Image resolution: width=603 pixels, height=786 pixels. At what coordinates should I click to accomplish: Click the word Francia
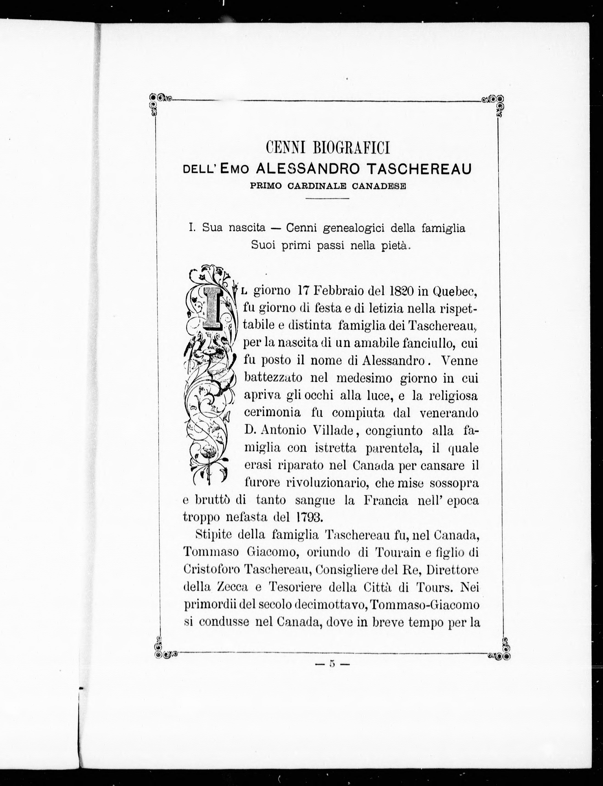(386, 500)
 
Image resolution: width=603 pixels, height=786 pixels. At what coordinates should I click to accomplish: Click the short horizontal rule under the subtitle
(327, 198)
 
